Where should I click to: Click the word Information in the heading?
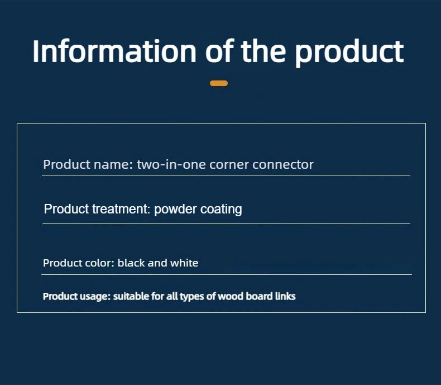tap(114, 51)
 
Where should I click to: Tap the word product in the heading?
tap(349, 53)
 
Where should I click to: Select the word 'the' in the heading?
tap(263, 51)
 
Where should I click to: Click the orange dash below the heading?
tap(219, 83)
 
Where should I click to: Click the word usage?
tap(95, 297)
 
